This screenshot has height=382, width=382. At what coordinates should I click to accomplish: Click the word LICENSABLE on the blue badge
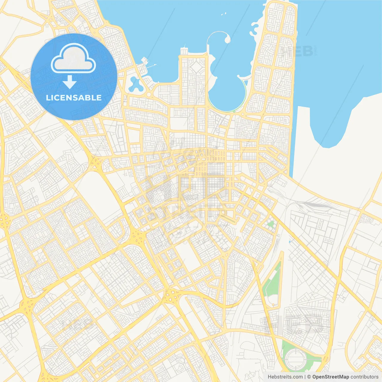[x=74, y=98]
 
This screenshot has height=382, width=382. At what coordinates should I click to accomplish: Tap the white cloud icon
[x=73, y=58]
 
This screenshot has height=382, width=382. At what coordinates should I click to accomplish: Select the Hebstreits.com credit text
[x=285, y=377]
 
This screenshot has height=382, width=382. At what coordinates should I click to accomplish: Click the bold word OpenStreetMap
[x=330, y=377]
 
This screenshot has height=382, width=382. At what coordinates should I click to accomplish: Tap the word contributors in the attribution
[x=364, y=377]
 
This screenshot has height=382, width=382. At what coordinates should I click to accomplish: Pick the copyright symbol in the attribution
[x=309, y=377]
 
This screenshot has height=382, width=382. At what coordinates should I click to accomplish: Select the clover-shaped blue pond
[x=135, y=84]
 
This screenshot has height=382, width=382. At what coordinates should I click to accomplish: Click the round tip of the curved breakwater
[x=228, y=39]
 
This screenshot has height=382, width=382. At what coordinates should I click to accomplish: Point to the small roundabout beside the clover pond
[x=148, y=95]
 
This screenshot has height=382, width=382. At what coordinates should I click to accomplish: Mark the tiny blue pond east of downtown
[x=289, y=241]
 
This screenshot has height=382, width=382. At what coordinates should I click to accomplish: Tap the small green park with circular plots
[x=270, y=224]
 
